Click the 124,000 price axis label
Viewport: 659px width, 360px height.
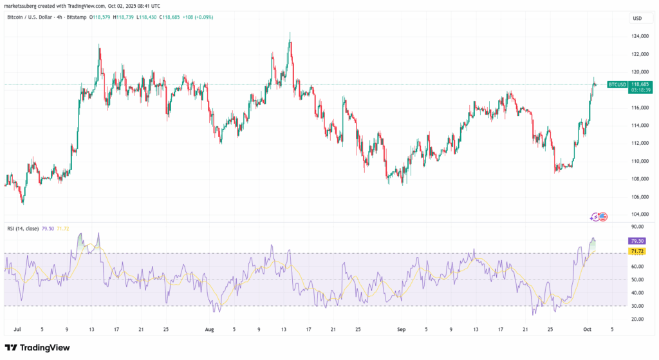(639, 36)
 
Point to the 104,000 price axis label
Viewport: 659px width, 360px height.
(639, 214)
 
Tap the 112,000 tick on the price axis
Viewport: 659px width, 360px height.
(639, 143)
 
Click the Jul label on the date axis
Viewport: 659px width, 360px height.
(18, 328)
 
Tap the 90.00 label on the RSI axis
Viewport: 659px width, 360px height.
(638, 227)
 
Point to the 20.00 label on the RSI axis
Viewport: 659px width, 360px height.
(638, 319)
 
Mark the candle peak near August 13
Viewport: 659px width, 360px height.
(290, 33)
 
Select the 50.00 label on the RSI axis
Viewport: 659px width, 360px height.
(638, 279)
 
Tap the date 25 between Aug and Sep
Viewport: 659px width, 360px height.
(357, 328)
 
